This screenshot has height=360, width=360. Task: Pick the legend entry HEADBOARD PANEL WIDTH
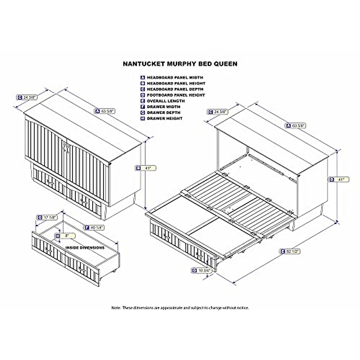(175, 77)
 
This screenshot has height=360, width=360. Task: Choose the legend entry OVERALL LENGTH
(166, 101)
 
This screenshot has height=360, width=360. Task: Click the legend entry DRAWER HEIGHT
(164, 118)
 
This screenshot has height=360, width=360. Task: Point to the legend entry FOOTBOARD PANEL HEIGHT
(176, 95)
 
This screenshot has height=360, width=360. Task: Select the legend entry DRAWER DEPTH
(163, 112)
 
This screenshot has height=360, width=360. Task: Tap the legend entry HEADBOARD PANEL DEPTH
(175, 89)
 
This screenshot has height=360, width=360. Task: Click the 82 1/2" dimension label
(292, 251)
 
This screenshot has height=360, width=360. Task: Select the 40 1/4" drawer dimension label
(97, 227)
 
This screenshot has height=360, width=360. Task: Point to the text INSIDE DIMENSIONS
(85, 248)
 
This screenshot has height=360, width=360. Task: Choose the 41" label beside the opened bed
(341, 179)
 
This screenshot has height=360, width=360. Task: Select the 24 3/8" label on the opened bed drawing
(221, 112)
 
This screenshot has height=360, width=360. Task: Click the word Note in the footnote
(116, 307)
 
